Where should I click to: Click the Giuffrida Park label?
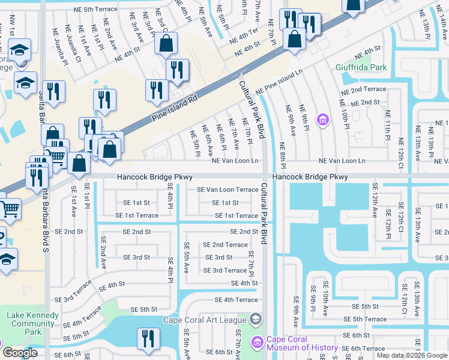361,67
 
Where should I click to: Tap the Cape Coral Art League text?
205,320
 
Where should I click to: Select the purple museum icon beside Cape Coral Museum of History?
258,343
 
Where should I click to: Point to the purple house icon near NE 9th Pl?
322,120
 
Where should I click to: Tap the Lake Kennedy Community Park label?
33,323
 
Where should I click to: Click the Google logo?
20,353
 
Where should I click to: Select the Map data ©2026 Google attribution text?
412,355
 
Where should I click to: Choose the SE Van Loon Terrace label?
228,190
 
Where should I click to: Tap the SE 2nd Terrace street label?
225,245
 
